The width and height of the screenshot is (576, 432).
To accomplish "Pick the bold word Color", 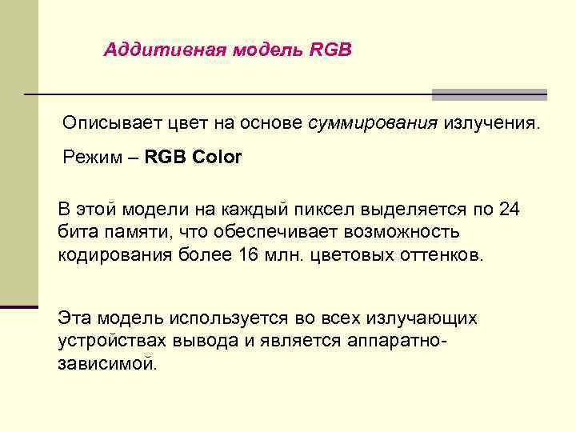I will tap(217, 157).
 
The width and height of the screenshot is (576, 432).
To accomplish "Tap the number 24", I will tap(509, 210).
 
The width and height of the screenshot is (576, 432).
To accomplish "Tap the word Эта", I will tap(75, 318).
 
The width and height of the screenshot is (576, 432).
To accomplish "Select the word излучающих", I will tap(422, 318).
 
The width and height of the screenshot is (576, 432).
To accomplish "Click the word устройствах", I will tap(112, 341).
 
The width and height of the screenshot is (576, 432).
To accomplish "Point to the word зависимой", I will tap(108, 364).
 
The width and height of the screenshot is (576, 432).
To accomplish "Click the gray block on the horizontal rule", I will tap(489, 94).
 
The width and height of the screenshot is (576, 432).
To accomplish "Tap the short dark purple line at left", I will tap(19, 306).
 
